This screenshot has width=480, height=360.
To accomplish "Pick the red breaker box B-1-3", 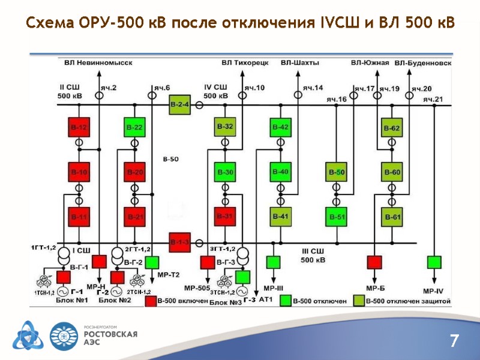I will pyautogui.click(x=179, y=242).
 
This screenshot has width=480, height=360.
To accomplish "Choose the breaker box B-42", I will pyautogui.click(x=280, y=128).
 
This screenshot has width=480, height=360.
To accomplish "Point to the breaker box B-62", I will pyautogui.click(x=392, y=128).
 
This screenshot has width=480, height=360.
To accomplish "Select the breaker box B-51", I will pyautogui.click(x=336, y=217).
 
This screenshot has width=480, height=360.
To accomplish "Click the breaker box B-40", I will pyautogui.click(x=280, y=172).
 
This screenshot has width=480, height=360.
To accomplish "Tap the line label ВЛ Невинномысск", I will pyautogui.click(x=98, y=62).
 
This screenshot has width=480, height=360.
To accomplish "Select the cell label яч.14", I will pyautogui.click(x=313, y=88).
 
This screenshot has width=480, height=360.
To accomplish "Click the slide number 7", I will pyautogui.click(x=454, y=341).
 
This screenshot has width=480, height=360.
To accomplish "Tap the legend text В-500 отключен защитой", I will pyautogui.click(x=407, y=300).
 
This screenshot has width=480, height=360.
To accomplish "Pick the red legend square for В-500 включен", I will pyautogui.click(x=150, y=301).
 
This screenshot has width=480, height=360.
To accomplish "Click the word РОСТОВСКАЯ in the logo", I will pyautogui.click(x=110, y=334).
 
